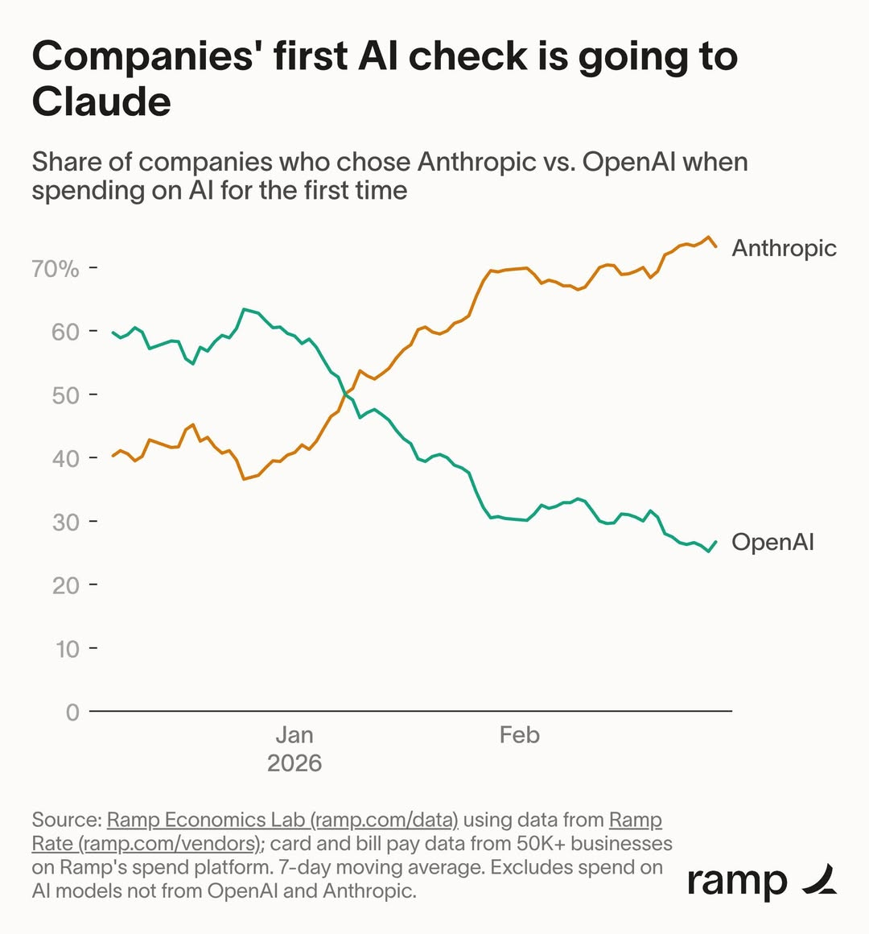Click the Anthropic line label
coord(784,248)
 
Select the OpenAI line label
coord(772,542)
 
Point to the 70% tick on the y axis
coord(56,268)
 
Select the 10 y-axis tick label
coord(67,649)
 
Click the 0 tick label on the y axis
coord(72,713)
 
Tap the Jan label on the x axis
coord(294,735)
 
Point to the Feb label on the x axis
coord(519,735)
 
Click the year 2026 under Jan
coord(294,763)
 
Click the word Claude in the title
coord(101,102)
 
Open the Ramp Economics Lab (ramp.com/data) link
coord(282,820)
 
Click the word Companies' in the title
coord(145,57)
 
